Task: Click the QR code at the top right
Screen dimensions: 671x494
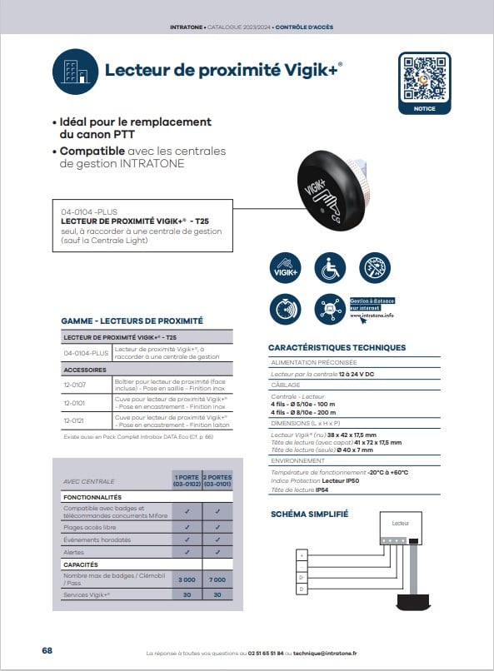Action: click(424, 77)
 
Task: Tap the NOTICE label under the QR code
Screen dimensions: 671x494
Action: click(424, 108)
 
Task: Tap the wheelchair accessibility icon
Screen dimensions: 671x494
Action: click(329, 268)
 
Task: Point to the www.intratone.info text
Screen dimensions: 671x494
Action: click(372, 316)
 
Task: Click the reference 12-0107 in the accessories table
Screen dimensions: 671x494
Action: click(75, 385)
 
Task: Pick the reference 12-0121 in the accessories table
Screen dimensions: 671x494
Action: click(75, 421)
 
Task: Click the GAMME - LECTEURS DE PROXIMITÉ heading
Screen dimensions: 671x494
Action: click(132, 321)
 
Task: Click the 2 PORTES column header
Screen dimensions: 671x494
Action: click(217, 480)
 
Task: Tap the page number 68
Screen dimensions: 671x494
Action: click(47, 650)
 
